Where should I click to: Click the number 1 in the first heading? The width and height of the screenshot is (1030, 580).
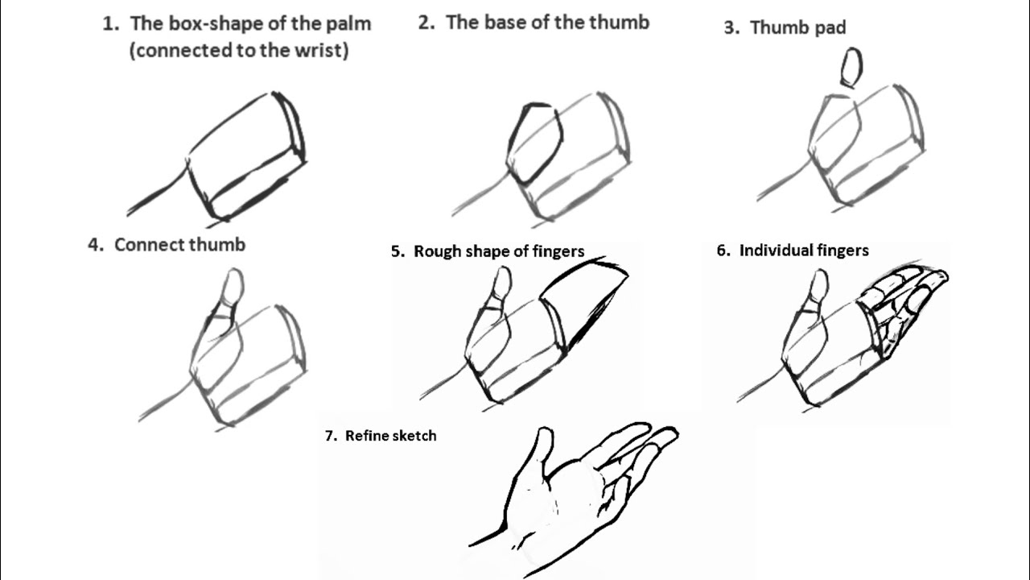coord(108,23)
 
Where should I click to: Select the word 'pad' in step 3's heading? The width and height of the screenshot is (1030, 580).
coord(829,27)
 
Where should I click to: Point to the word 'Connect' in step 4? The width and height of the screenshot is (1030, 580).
coord(149,245)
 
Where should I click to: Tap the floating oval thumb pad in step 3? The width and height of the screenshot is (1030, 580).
coord(851,67)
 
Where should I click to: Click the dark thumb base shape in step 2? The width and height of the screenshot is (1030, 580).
coord(534,143)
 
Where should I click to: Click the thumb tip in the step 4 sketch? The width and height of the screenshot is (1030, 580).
coord(233,285)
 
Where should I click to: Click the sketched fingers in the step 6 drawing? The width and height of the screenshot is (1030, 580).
coord(901,302)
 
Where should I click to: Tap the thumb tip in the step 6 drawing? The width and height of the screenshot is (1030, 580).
coord(818,284)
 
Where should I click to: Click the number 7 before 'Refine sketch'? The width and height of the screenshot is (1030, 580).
coord(329,436)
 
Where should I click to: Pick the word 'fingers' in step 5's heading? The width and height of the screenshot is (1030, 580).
coord(558,251)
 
